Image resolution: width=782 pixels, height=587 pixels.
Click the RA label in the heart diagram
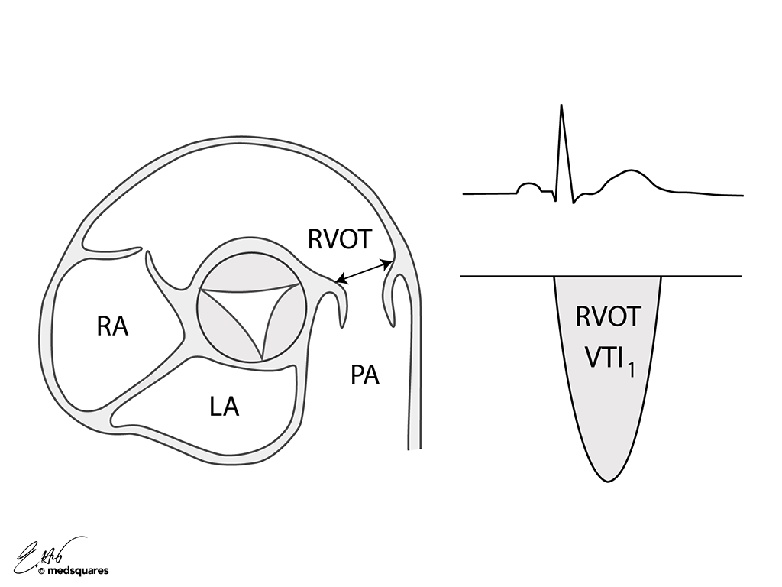click(x=112, y=326)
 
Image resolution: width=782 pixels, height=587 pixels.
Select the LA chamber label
click(x=225, y=406)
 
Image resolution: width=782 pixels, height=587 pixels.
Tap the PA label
click(x=365, y=375)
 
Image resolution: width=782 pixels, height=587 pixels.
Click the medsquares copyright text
click(x=77, y=570)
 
